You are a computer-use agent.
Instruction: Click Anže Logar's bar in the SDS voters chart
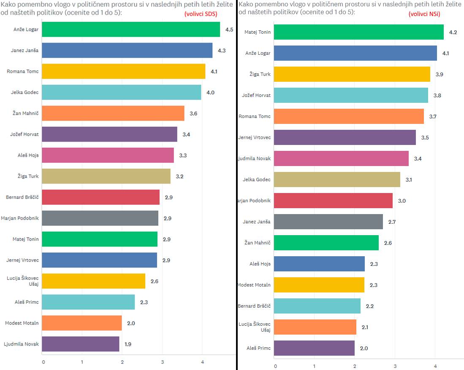[131, 29]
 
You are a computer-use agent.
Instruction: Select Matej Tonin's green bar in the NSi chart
[358, 32]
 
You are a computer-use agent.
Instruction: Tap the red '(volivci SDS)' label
[201, 13]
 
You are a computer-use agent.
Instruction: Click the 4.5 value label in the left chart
[229, 30]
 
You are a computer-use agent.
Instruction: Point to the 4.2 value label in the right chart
[453, 32]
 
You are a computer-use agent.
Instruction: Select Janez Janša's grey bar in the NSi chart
[328, 222]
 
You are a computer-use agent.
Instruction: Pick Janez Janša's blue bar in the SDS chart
[128, 51]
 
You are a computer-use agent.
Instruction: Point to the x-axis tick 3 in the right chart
[395, 366]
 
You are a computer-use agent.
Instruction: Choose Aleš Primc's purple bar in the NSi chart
[314, 348]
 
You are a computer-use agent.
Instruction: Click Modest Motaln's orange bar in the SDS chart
[82, 323]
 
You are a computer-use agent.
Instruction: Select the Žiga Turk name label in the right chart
[260, 74]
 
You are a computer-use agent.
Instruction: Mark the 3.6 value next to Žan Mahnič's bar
[193, 113]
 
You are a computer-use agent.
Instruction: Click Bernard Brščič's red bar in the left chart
[101, 197]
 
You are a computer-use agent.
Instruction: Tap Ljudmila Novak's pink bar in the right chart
[341, 158]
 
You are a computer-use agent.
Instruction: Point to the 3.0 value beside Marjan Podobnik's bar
[402, 201]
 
